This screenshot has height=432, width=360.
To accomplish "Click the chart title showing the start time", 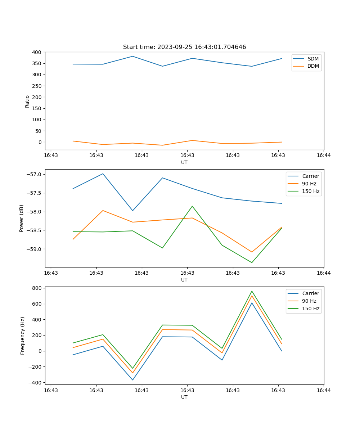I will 184,47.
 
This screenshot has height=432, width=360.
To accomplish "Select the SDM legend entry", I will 313,59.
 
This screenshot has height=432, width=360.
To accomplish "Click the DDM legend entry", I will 313,66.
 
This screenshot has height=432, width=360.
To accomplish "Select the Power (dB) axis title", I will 22,218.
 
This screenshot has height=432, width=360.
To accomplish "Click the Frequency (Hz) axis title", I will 22,336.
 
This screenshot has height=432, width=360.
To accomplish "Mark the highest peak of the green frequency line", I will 252,291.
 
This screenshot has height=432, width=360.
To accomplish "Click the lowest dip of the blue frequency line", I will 132,380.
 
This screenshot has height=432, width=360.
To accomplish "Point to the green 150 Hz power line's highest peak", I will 192,206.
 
